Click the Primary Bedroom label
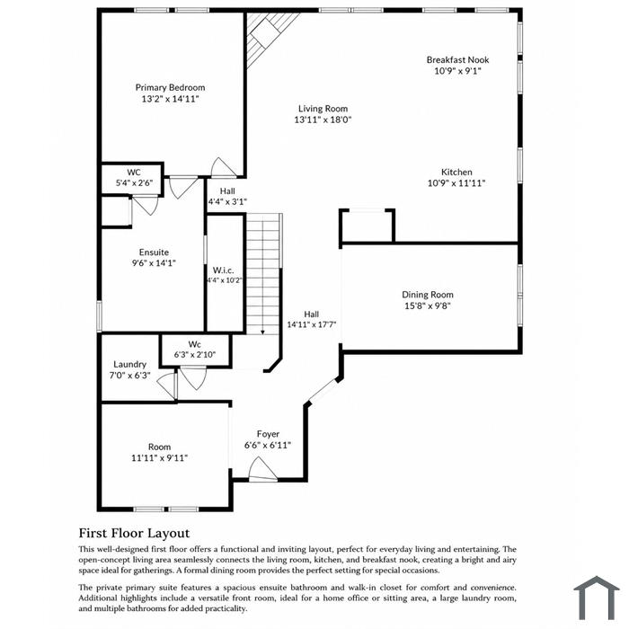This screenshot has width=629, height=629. [x=170, y=87]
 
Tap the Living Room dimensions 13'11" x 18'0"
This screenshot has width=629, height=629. [x=323, y=120]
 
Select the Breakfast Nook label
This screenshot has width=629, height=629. [x=457, y=60]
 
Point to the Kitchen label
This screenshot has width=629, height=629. [x=456, y=173]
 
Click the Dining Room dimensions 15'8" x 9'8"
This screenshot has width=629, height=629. [x=428, y=306]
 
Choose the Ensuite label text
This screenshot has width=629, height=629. [x=154, y=252]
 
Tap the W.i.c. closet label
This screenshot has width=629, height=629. [x=224, y=270]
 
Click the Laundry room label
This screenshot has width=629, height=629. [x=129, y=364]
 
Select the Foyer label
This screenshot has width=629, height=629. [x=268, y=434]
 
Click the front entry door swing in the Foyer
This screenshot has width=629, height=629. [x=262, y=469]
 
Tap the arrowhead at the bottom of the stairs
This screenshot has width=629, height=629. [x=262, y=332]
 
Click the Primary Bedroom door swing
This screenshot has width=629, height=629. [x=223, y=167]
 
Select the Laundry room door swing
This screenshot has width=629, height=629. [x=167, y=385]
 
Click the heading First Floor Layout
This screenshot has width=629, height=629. [x=135, y=533]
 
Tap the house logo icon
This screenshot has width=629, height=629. [x=597, y=598]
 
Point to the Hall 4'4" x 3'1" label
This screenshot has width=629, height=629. [x=227, y=196]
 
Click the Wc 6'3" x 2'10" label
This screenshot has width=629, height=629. [x=195, y=350]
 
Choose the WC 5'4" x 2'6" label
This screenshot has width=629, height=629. [x=134, y=178]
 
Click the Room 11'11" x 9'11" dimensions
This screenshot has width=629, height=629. [x=160, y=457]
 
